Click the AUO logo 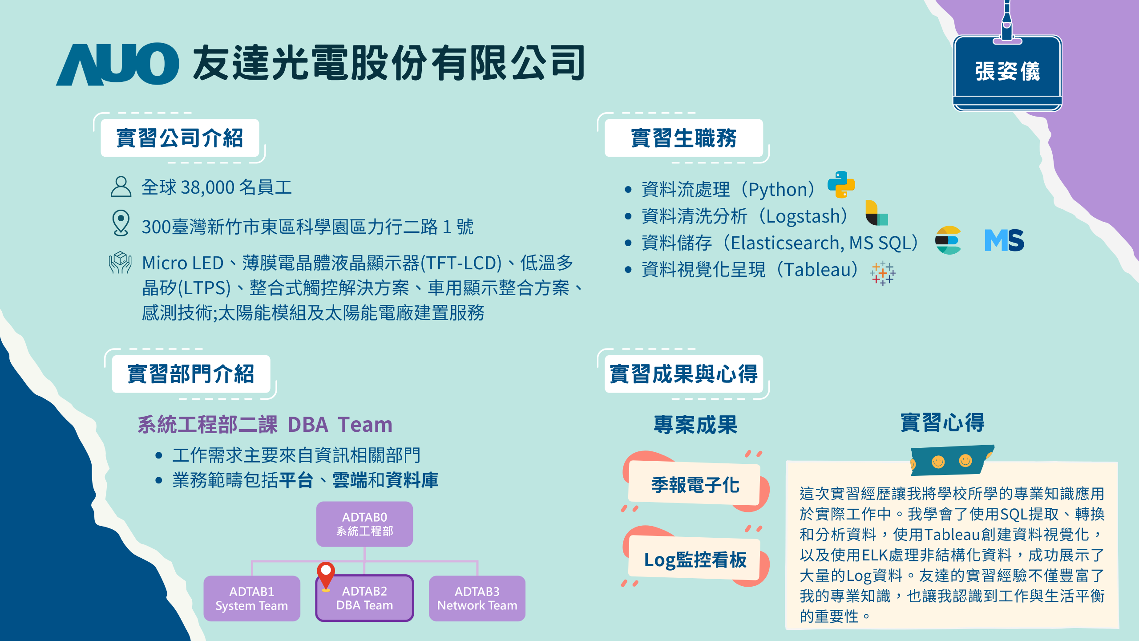tap(117, 64)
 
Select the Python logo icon tap(841, 184)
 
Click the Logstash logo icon tap(876, 213)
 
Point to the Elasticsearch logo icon tap(948, 240)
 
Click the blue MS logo tap(1004, 240)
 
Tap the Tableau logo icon tap(883, 273)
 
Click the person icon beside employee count tap(121, 187)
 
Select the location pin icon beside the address tap(121, 223)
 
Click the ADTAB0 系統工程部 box tap(364, 524)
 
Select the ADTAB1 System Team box tap(252, 598)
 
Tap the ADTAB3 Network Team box tap(477, 598)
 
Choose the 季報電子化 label tap(695, 485)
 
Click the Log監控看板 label tap(695, 560)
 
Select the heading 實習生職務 tap(683, 138)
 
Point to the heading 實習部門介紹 tap(191, 374)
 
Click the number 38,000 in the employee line tap(207, 187)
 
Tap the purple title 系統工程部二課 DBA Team tap(265, 425)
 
